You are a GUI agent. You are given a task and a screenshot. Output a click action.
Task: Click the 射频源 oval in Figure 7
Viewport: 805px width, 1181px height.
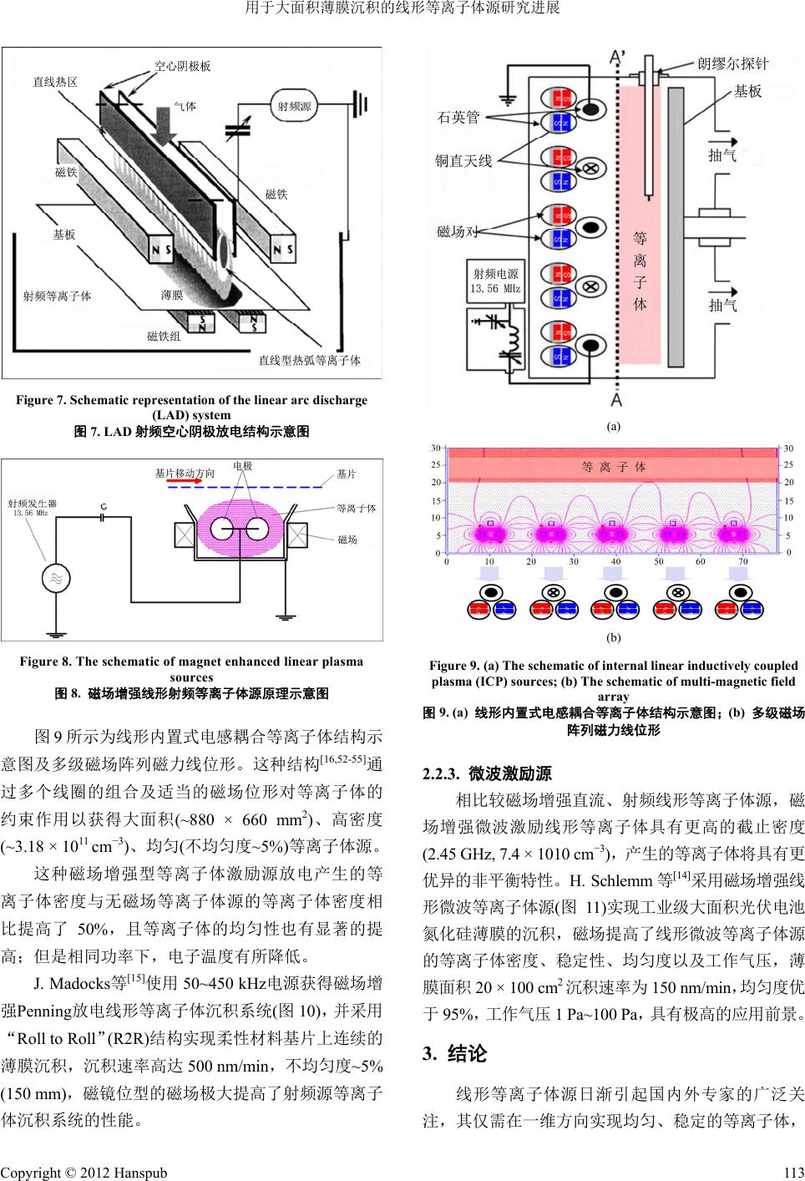294,106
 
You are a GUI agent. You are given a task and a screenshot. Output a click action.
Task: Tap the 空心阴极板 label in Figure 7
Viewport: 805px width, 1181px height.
183,65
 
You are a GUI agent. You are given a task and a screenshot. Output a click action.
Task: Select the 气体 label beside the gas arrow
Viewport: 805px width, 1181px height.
184,107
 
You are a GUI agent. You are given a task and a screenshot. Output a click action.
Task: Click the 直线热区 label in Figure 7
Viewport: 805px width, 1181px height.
55,82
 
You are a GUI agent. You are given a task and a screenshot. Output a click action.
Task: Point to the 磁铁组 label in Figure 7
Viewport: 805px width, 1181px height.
164,336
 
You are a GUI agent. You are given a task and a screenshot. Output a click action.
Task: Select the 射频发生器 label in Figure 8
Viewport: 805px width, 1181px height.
32,504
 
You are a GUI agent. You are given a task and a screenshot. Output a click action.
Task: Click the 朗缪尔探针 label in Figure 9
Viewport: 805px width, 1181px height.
732,63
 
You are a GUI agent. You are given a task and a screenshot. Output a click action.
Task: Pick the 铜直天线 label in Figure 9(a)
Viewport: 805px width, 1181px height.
463,160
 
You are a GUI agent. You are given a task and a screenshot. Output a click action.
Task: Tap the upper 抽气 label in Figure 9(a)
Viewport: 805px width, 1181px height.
722,155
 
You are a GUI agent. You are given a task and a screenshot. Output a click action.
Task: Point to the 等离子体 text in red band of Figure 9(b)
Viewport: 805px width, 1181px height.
614,467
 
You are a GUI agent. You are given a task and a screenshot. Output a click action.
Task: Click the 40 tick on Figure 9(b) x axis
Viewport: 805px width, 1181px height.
615,562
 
